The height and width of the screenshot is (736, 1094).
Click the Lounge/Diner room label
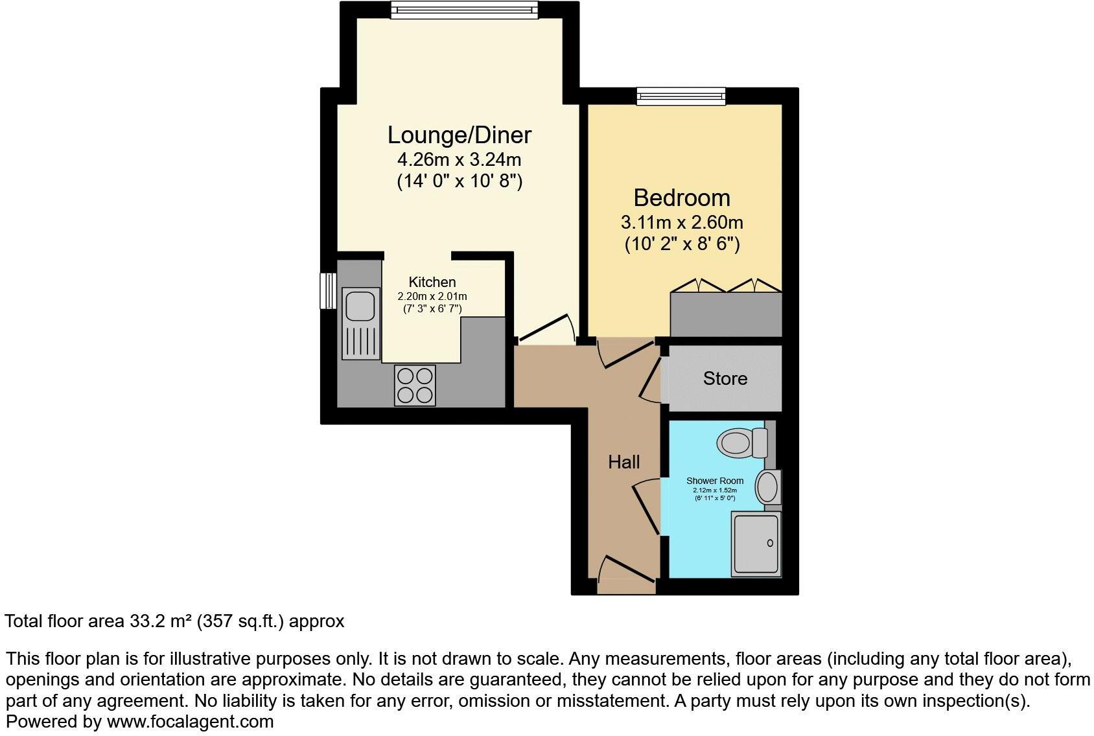tap(459, 135)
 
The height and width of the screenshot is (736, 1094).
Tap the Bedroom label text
tap(681, 198)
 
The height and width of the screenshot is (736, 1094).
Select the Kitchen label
tap(432, 282)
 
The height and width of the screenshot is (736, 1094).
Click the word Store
tap(725, 378)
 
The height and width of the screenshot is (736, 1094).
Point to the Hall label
tap(623, 462)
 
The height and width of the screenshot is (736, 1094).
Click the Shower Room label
tap(714, 481)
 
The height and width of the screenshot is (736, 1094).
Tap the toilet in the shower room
tap(739, 443)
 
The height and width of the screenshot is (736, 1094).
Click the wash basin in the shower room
tap(769, 487)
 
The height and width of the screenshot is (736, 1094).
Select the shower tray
tap(756, 544)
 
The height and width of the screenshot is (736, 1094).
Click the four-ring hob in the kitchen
tap(415, 385)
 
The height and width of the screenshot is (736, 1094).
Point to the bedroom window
tap(681, 97)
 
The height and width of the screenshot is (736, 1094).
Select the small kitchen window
tap(328, 291)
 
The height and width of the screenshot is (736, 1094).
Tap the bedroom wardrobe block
tap(726, 314)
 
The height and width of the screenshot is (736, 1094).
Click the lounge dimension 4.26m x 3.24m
tap(459, 159)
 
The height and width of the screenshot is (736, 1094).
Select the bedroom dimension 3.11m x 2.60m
tap(681, 222)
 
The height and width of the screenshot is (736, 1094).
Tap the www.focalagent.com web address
tap(190, 721)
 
